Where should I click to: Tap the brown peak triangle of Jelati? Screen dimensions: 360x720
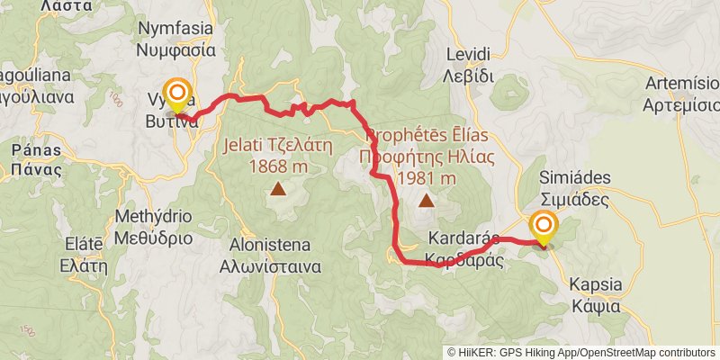point(278,189)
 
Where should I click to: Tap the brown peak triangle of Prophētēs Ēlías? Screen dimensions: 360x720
point(426,201)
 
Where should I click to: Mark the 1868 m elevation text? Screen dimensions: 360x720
point(277,166)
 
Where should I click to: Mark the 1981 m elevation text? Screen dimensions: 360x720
point(426,178)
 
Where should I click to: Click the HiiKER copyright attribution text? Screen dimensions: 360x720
point(581,352)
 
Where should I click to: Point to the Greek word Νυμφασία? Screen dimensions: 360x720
point(175,50)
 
